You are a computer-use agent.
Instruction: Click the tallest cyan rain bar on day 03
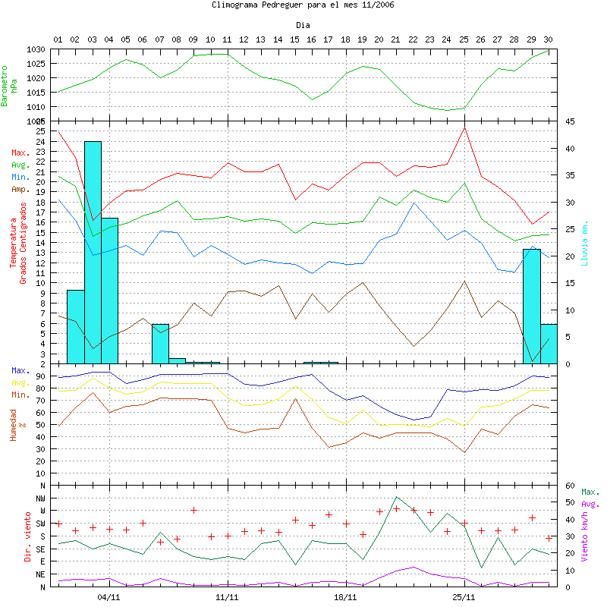point(93,250)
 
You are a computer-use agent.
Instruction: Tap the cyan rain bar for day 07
point(160,343)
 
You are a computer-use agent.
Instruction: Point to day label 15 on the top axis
point(294,39)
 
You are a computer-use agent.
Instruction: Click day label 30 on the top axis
point(548,39)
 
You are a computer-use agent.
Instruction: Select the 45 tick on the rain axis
point(570,121)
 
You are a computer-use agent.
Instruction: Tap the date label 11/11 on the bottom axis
point(227,597)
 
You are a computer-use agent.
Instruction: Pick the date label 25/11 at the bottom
point(464,597)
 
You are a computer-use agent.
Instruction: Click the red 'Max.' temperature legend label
point(20,153)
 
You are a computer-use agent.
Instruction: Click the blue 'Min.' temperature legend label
point(20,176)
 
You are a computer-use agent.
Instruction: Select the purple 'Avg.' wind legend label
point(590,504)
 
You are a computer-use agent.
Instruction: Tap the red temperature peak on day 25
point(464,127)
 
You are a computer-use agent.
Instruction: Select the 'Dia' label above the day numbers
point(303,26)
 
